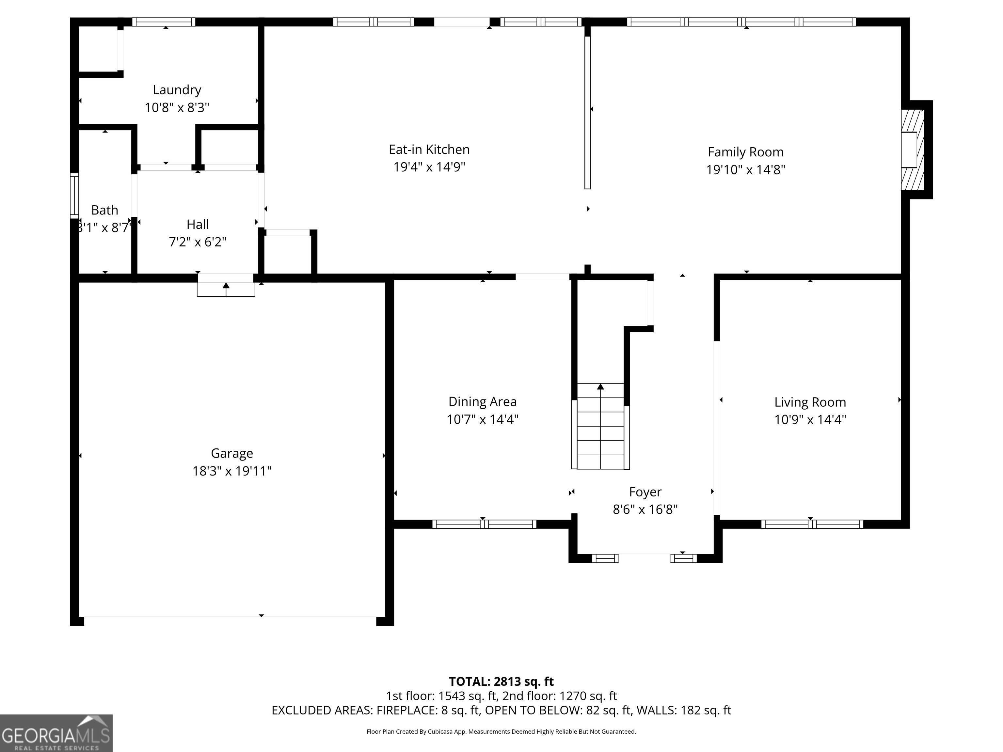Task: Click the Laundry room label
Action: pyautogui.click(x=177, y=90)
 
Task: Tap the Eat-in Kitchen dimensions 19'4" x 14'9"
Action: pyautogui.click(x=429, y=167)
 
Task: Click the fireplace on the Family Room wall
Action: pyautogui.click(x=912, y=149)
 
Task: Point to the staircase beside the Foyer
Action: pyautogui.click(x=600, y=426)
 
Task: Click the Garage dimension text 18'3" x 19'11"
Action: pyautogui.click(x=232, y=471)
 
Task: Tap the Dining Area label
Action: pyautogui.click(x=483, y=401)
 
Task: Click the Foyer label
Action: pyautogui.click(x=645, y=492)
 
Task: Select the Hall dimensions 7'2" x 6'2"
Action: pyautogui.click(x=198, y=242)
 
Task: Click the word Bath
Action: pyautogui.click(x=105, y=210)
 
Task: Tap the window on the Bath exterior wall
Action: pyautogui.click(x=74, y=196)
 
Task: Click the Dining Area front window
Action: pyautogui.click(x=484, y=524)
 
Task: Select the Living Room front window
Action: pyautogui.click(x=812, y=524)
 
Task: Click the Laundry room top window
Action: pyautogui.click(x=164, y=22)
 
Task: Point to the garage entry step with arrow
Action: pyautogui.click(x=226, y=289)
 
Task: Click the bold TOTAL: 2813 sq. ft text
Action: pyautogui.click(x=501, y=681)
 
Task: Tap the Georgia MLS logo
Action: pyautogui.click(x=56, y=733)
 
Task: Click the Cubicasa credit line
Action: pyautogui.click(x=501, y=732)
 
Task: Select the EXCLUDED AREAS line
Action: pyautogui.click(x=501, y=710)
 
